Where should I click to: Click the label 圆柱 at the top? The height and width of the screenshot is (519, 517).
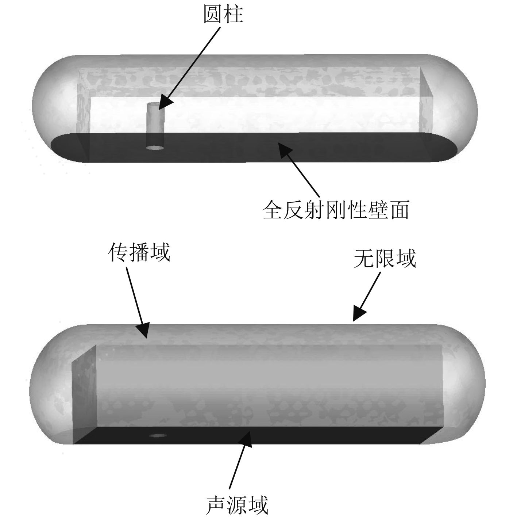tap(223, 15)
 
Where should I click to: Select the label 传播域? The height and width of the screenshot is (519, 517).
tap(139, 252)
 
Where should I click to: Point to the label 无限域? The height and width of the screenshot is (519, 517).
tap(385, 259)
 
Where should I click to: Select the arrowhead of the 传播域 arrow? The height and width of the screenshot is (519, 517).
tap(144, 331)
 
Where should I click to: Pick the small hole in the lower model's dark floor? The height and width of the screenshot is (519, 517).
tap(158, 436)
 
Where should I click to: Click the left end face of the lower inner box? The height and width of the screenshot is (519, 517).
tap(84, 394)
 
